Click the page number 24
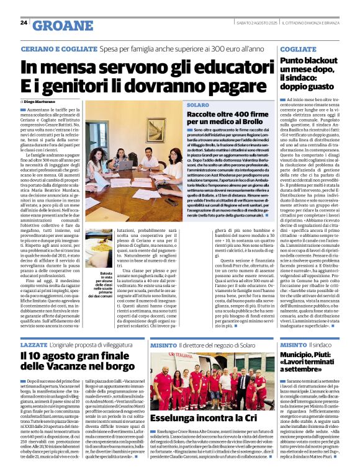click(x=24, y=23)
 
